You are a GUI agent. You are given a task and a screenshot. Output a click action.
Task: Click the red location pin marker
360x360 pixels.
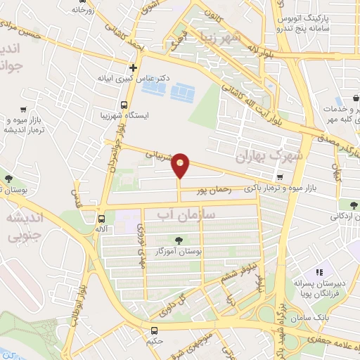click(181, 165)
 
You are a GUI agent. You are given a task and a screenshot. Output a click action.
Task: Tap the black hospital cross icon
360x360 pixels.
click(132, 68)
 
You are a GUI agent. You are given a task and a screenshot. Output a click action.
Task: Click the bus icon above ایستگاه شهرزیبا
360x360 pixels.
click(124, 103)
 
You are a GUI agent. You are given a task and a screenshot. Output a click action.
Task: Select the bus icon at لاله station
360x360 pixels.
click(102, 219)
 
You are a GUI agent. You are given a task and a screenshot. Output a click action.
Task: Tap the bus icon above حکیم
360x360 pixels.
click(155, 330)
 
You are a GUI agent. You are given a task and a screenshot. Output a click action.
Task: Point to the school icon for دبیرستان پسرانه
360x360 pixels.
click(318, 271)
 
